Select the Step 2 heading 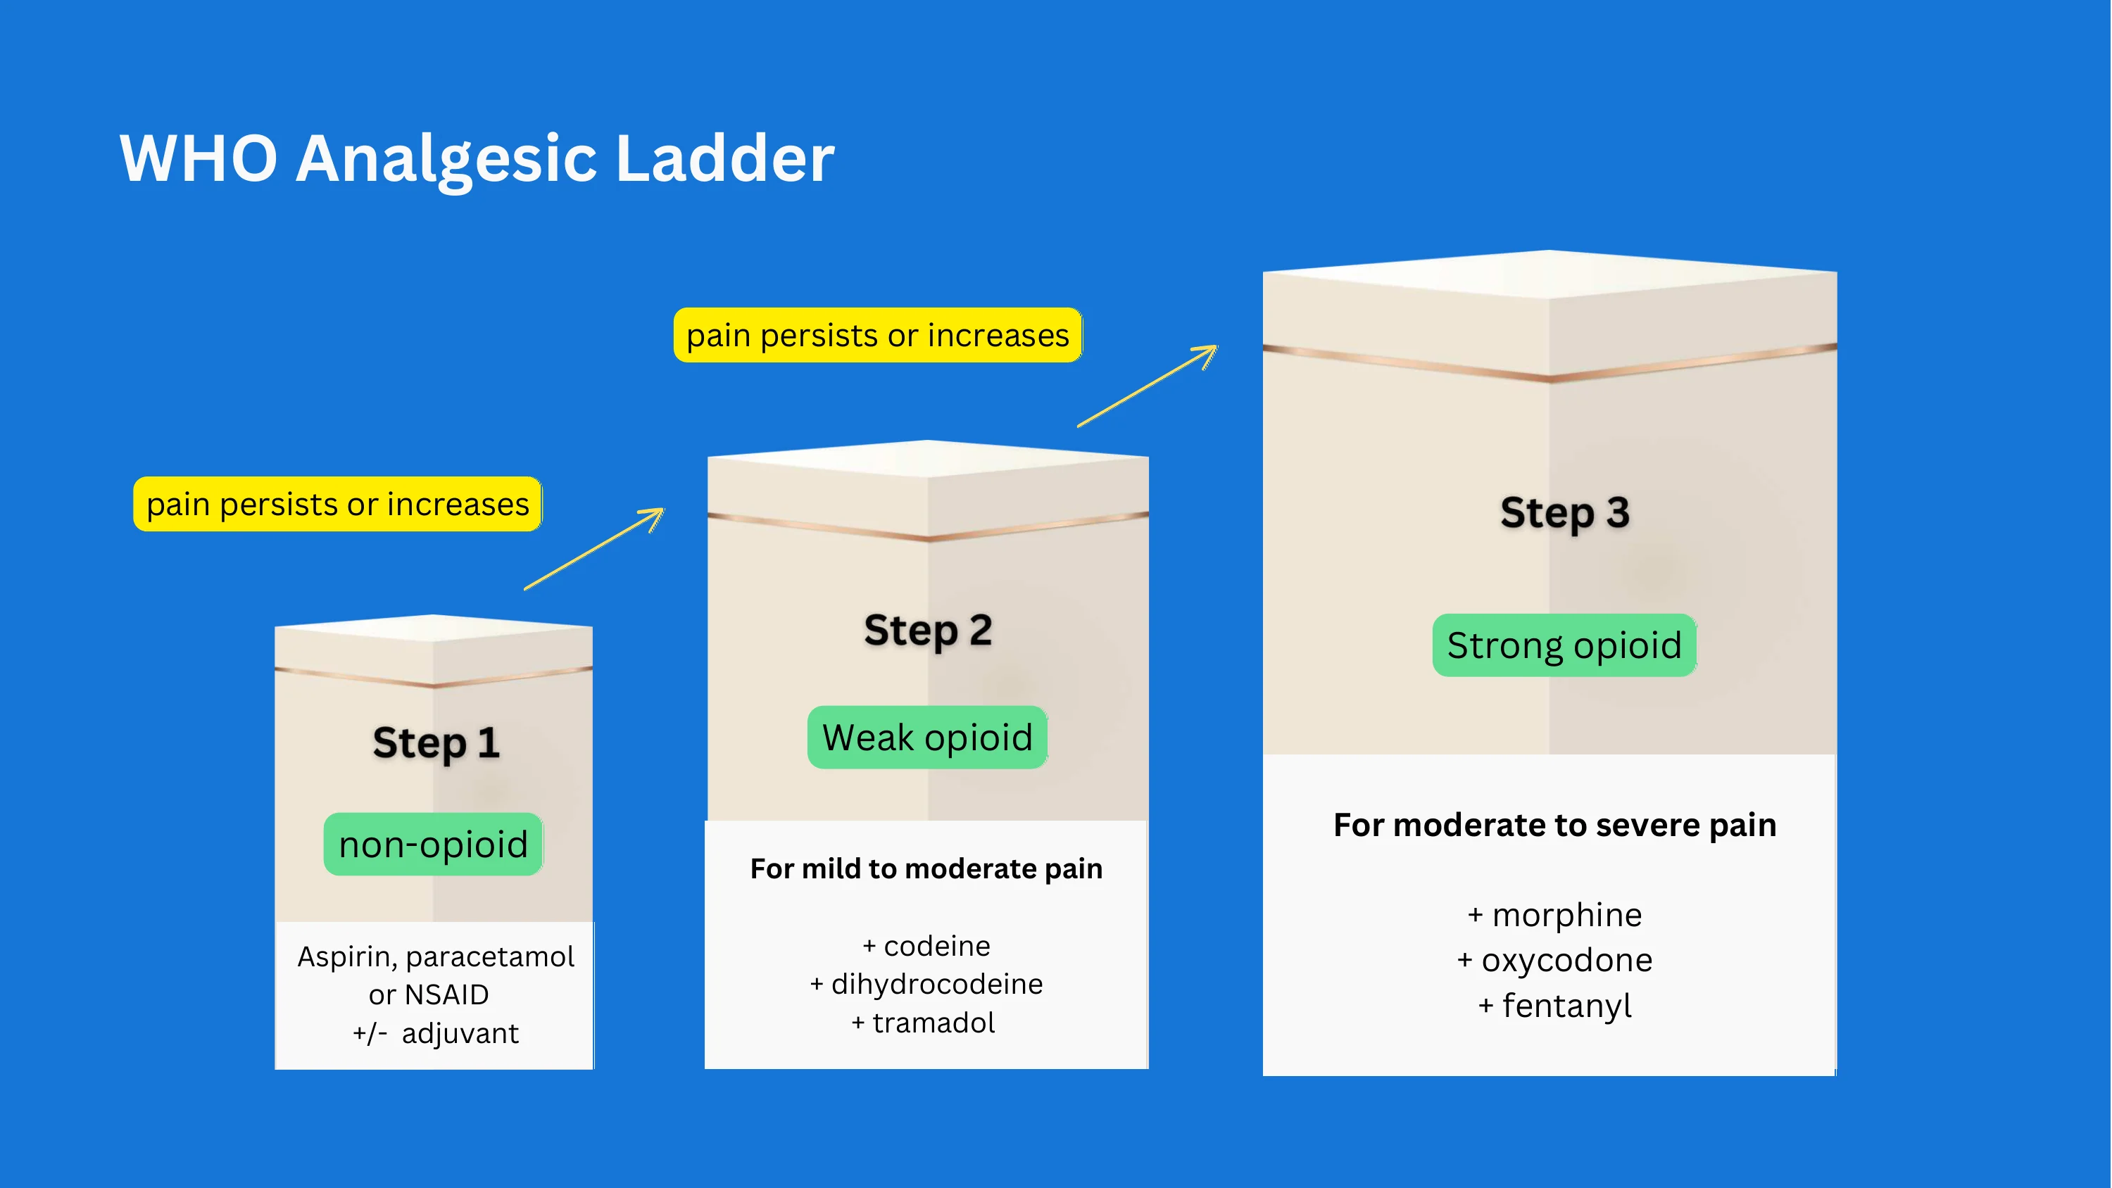point(927,631)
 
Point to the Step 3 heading point(1564,512)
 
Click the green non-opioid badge point(433,845)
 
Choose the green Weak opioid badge point(927,738)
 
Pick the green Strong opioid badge point(1564,645)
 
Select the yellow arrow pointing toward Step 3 point(1148,386)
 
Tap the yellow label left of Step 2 point(337,504)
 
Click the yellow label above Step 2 point(877,335)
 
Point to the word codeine point(936,946)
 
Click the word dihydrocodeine point(936,984)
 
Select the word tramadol point(933,1023)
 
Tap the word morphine point(1566,915)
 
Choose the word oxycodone point(1566,960)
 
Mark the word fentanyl point(1566,1006)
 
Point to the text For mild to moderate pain point(926,868)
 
